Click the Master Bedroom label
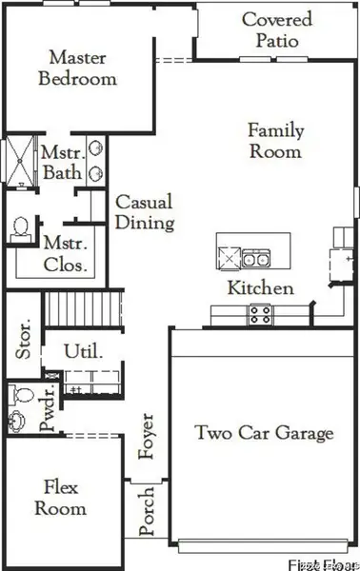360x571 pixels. (77, 69)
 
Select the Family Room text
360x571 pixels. (275, 141)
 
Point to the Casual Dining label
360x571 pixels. (144, 213)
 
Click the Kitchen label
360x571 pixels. (260, 287)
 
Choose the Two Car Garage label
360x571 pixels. (264, 433)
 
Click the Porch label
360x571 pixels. (148, 512)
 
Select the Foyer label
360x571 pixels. (148, 436)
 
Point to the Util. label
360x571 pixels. (80, 352)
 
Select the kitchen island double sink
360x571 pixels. (254, 257)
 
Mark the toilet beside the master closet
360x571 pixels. (19, 228)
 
